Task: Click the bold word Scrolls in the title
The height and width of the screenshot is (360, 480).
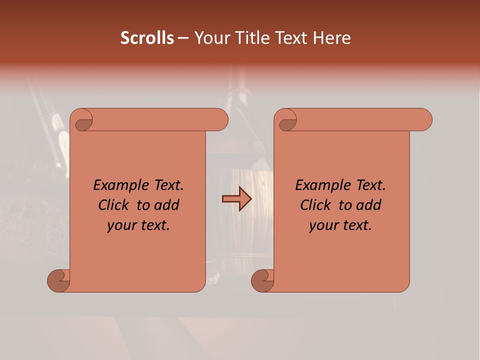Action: pos(147,38)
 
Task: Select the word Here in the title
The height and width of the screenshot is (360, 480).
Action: pos(332,38)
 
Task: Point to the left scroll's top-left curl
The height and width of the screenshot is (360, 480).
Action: pos(83,122)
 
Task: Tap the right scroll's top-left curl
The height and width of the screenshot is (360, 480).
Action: pos(287,122)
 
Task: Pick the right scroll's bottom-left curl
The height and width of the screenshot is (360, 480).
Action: pos(263,280)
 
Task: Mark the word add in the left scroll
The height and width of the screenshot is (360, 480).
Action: pos(167,205)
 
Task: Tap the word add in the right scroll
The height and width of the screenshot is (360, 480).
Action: pos(369,205)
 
